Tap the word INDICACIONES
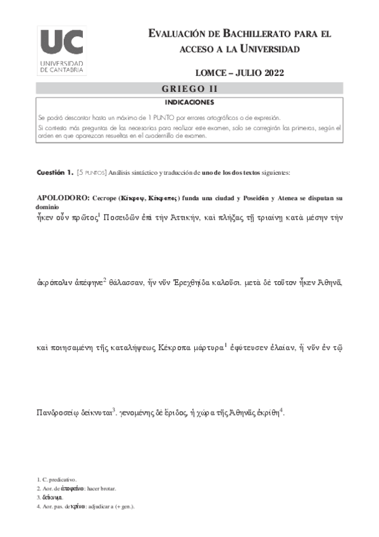[x=190, y=102]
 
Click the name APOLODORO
[x=61, y=198]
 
